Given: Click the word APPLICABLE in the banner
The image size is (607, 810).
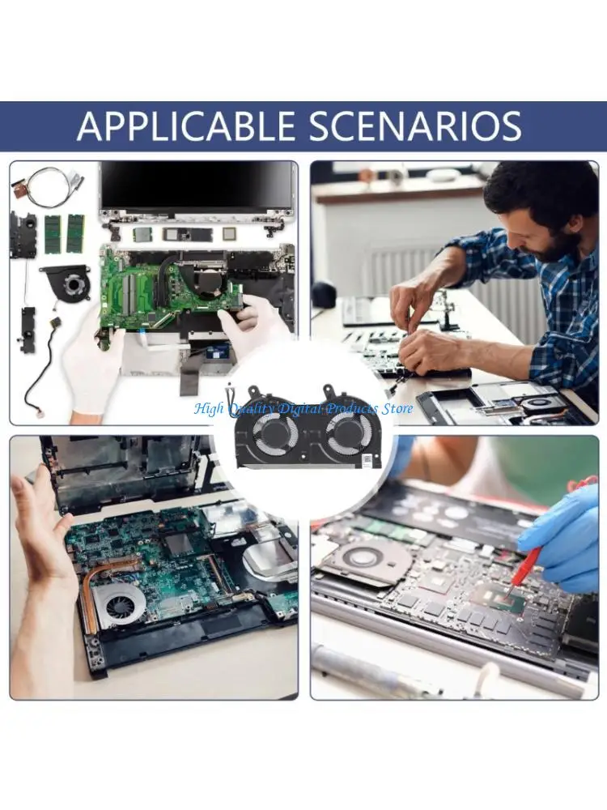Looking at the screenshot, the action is click(x=186, y=126).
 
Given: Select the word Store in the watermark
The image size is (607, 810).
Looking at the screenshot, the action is click(x=397, y=408).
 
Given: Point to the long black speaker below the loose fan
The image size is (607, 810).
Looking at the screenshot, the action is click(x=28, y=328).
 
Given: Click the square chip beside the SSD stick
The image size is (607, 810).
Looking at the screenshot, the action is click(x=230, y=233).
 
